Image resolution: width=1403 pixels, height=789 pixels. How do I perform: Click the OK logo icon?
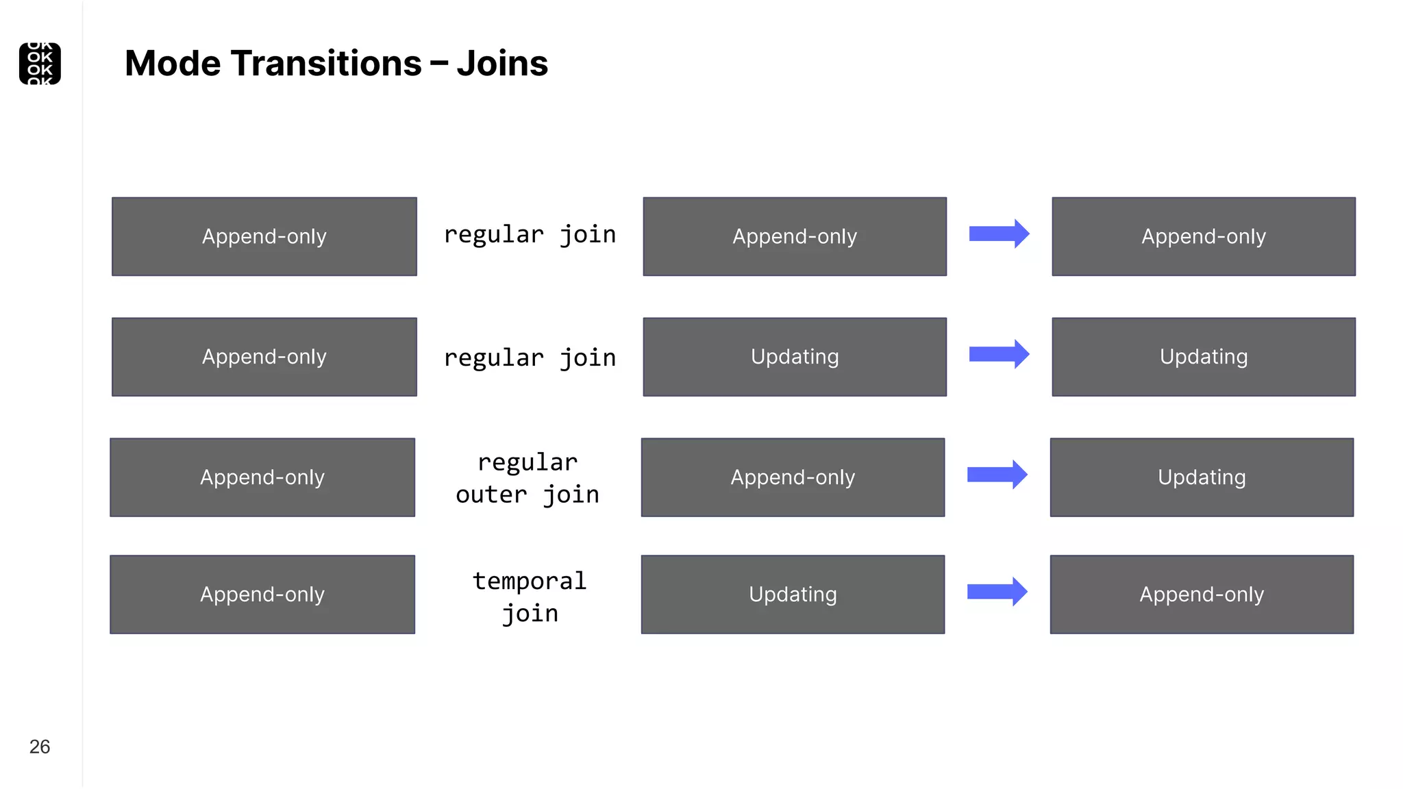[40, 64]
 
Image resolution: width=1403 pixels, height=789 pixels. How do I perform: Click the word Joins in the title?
[502, 64]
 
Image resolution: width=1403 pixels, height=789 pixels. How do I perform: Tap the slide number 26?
[40, 747]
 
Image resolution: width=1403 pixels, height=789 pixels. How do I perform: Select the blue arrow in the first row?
[999, 234]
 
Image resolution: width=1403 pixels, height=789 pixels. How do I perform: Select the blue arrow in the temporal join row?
[997, 592]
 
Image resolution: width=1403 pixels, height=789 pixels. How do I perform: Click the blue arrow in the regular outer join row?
[997, 475]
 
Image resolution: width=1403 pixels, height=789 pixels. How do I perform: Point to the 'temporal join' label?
[530, 597]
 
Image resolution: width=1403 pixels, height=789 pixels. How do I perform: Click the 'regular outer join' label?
[527, 478]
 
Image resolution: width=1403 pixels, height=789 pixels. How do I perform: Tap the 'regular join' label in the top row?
[530, 235]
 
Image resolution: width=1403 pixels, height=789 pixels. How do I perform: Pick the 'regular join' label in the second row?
[530, 358]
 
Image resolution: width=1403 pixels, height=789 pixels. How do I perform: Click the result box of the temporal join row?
[1202, 594]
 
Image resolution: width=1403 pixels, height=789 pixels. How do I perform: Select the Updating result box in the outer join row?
[1202, 477]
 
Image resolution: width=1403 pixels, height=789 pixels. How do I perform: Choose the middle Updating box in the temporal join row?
[793, 594]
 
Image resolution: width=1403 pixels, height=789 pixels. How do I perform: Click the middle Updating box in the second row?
[795, 357]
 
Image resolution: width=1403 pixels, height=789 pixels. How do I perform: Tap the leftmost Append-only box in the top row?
[264, 236]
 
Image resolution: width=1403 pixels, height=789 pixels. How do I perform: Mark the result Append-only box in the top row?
[1204, 236]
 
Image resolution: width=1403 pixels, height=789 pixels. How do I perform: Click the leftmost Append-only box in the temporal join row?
[262, 594]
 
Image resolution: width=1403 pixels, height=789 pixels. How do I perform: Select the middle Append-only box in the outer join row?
[793, 477]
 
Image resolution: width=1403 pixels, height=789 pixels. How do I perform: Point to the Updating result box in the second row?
[1204, 357]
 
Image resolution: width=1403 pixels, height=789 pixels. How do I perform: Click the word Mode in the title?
[173, 64]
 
